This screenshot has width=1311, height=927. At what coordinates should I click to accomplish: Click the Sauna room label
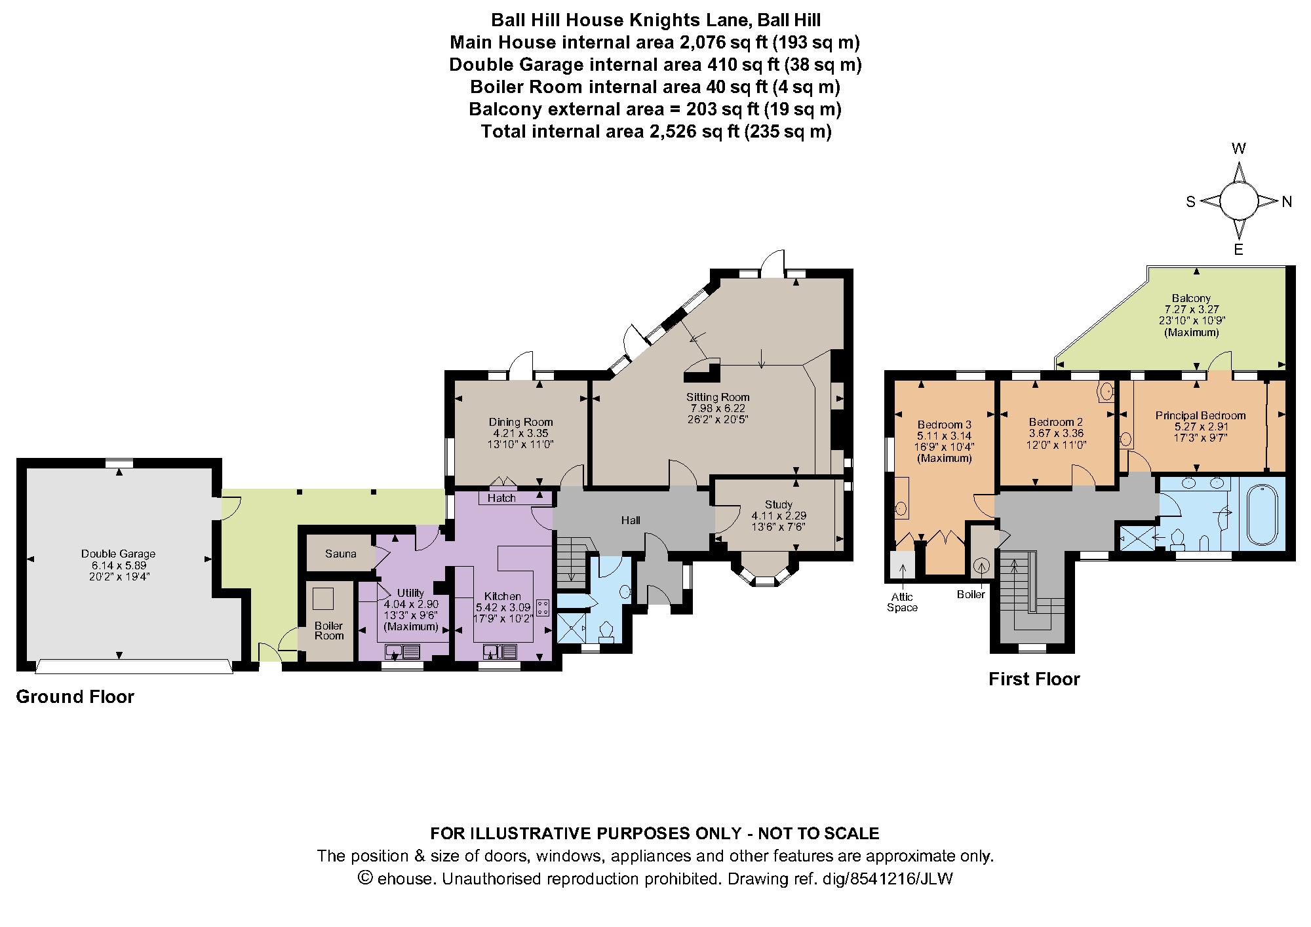(x=340, y=554)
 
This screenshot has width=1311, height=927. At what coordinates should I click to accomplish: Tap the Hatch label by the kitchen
(x=501, y=499)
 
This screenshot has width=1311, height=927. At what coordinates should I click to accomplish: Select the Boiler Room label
(x=328, y=631)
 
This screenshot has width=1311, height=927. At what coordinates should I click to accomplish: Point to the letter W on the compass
(x=1238, y=149)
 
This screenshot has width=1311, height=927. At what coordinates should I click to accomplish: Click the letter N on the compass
(x=1286, y=202)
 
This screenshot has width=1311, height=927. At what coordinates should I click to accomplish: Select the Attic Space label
(x=902, y=602)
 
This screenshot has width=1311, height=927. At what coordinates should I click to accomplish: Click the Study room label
(x=778, y=504)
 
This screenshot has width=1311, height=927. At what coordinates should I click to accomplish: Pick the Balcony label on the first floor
(x=1192, y=298)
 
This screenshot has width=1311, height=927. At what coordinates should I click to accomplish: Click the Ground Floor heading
(x=75, y=696)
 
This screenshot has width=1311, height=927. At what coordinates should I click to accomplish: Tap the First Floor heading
(x=1034, y=679)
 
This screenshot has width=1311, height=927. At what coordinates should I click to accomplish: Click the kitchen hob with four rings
(x=543, y=607)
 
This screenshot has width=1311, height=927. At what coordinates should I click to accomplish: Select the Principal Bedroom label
(x=1200, y=415)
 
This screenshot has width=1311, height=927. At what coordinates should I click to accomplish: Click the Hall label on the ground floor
(x=631, y=520)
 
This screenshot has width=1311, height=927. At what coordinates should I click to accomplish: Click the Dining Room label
(x=520, y=422)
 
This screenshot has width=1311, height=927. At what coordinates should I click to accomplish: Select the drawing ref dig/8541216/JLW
(x=901, y=879)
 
